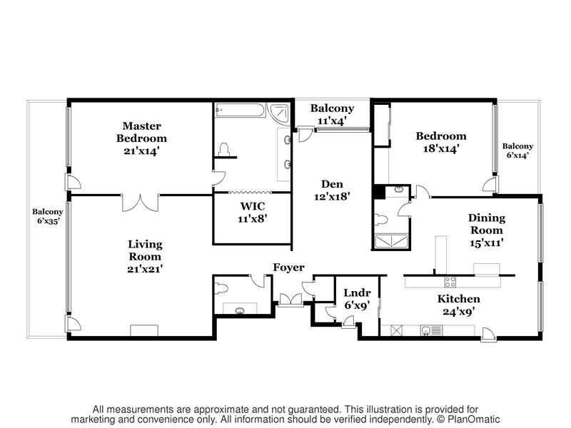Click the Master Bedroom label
point(141,132)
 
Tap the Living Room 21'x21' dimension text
point(145,269)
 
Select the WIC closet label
point(253,206)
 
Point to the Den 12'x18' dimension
point(332,197)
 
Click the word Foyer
point(288,267)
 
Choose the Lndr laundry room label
point(358,292)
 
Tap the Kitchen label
point(458,299)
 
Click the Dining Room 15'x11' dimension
point(487,243)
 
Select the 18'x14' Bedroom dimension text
point(440,148)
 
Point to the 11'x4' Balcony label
point(332,121)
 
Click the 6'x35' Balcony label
point(48,220)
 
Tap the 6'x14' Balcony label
point(517,155)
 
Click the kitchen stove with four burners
point(450,282)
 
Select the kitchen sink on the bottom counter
point(425,330)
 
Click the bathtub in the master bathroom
point(240,110)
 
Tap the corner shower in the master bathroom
point(280,114)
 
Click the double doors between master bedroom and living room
point(140,203)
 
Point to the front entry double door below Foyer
point(290,299)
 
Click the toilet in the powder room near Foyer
point(221,289)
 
